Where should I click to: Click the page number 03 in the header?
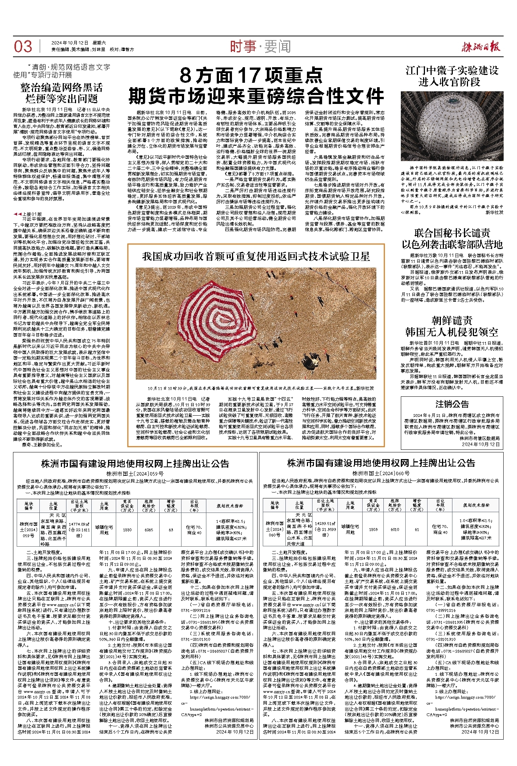(23, 46)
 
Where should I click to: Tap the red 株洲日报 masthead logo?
(481, 46)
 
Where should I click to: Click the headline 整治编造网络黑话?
(62, 88)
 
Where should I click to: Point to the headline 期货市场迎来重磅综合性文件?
(256, 96)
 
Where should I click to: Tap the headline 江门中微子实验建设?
(452, 71)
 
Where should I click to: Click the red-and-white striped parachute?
(217, 311)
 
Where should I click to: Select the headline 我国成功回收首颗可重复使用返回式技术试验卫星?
(256, 256)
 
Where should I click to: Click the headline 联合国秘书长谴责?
(452, 233)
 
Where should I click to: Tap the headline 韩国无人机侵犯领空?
(452, 332)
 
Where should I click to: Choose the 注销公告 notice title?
(452, 404)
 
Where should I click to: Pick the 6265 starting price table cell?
(149, 530)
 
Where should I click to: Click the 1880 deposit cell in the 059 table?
(127, 530)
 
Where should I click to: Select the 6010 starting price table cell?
(395, 530)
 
